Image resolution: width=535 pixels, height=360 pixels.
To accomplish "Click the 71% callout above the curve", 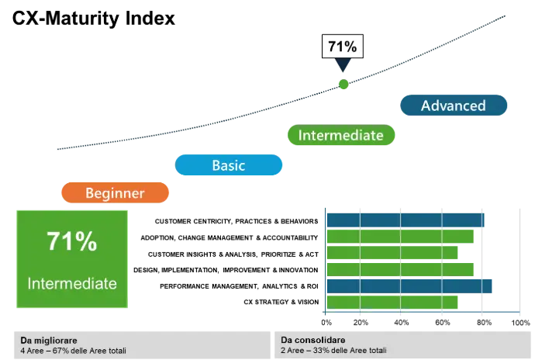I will [x=342, y=47].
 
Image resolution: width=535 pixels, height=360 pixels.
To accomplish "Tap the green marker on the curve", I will [x=343, y=84].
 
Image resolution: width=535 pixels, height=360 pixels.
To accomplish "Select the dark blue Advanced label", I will [x=453, y=106].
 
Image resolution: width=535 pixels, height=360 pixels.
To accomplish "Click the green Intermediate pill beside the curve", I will [x=340, y=136].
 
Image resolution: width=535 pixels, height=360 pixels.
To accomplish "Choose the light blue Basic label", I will [x=228, y=165].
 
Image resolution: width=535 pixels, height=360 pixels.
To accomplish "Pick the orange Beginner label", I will [x=114, y=193].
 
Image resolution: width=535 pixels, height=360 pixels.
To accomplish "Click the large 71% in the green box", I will [x=71, y=241].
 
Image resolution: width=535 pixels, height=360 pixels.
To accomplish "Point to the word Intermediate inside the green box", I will [x=71, y=283].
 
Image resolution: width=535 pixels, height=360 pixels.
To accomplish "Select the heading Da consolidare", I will [x=313, y=341].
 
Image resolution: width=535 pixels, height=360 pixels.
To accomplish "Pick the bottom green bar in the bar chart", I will [x=392, y=302].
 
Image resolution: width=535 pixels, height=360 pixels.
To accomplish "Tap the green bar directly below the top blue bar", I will [x=400, y=237].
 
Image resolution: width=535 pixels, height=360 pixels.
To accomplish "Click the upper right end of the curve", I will [x=506, y=14].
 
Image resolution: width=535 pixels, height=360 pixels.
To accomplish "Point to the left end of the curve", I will [x=58, y=147].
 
